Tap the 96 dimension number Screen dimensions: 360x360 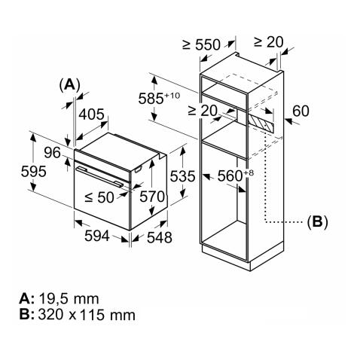[x=52, y=153]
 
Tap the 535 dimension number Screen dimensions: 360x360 [x=182, y=177]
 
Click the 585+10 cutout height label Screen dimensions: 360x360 [x=157, y=98]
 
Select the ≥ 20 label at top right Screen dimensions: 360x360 [x=269, y=41]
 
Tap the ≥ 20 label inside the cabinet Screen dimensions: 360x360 [x=203, y=111]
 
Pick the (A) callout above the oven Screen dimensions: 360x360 [x=70, y=84]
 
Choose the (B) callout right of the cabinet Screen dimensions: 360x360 [x=316, y=221]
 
